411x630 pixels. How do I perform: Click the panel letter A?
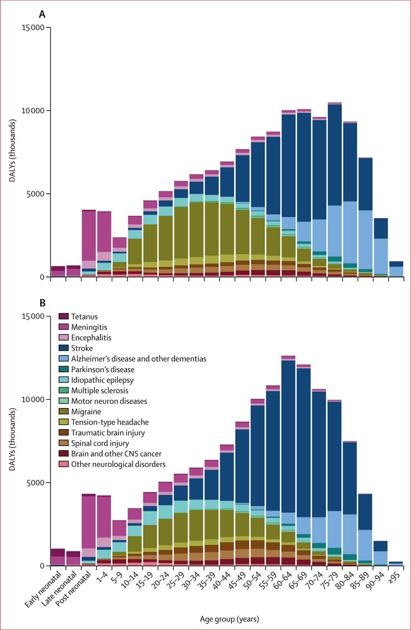tap(42, 14)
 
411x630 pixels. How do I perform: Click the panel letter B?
tap(42, 303)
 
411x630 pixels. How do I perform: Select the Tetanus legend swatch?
tap(63, 316)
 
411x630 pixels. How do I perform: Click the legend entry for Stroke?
tap(81, 348)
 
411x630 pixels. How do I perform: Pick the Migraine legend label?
tap(86, 412)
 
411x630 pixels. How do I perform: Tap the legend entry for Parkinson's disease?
tap(102, 369)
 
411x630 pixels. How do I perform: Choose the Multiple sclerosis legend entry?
tap(99, 391)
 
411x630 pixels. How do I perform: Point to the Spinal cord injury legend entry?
tap(99, 443)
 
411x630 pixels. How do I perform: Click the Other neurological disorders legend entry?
tap(118, 464)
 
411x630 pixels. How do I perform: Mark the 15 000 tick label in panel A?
tap(33, 28)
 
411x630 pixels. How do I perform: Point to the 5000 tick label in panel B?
tap(35, 483)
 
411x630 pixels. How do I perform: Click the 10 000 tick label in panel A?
tap(33, 111)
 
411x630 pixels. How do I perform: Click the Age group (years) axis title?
tap(229, 619)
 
